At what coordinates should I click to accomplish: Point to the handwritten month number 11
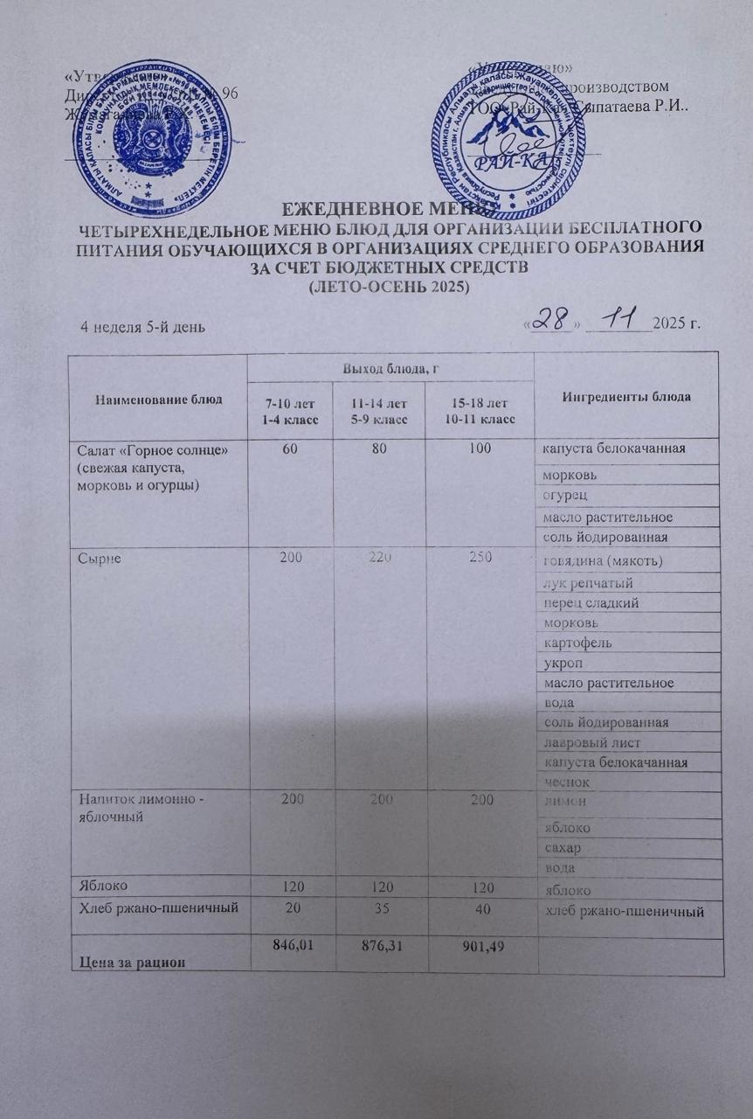[x=623, y=318]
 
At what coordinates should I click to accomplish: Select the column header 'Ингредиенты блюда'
[x=626, y=397]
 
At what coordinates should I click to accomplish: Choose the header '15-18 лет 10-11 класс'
[x=480, y=410]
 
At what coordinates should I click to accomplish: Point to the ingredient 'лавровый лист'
[x=591, y=743]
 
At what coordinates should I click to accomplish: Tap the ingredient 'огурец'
[x=564, y=496]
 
